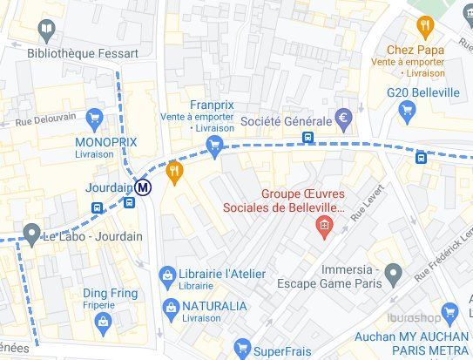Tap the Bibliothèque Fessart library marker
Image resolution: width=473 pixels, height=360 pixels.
click(x=46, y=32)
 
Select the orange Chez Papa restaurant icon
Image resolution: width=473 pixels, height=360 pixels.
click(x=424, y=25)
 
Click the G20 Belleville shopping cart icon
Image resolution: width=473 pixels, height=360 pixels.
click(x=406, y=110)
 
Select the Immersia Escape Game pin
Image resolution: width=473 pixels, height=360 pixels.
click(x=394, y=276)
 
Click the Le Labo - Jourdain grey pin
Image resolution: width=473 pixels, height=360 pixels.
click(x=31, y=234)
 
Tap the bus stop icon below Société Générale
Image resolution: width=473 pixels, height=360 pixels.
click(x=307, y=138)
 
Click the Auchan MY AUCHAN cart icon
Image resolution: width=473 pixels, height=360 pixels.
click(x=449, y=312)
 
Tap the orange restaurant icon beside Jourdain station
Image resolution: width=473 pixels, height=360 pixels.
click(x=175, y=172)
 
